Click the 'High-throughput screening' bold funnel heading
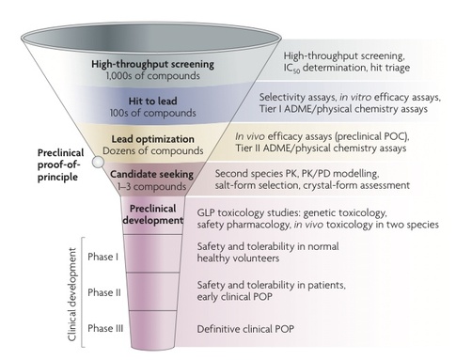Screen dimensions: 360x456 pyautogui.click(x=152, y=65)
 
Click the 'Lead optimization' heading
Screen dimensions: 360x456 pyautogui.click(x=153, y=138)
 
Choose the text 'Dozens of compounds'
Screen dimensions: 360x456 pyautogui.click(x=153, y=150)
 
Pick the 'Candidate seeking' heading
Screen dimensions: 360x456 pyautogui.click(x=154, y=174)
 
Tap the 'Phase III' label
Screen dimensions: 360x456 pyautogui.click(x=102, y=328)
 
